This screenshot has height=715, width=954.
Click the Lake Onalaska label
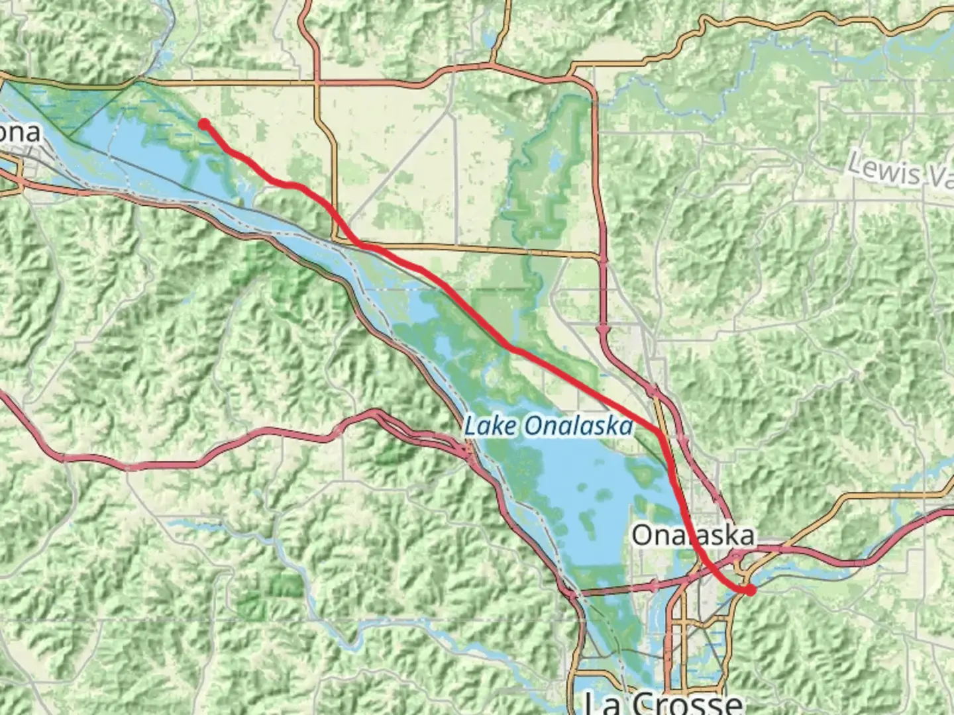pyautogui.click(x=548, y=426)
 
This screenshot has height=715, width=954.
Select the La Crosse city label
pyautogui.click(x=663, y=702)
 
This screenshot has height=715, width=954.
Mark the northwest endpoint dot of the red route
pyautogui.click(x=204, y=123)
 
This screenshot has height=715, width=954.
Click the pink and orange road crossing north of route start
pyautogui.click(x=317, y=83)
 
